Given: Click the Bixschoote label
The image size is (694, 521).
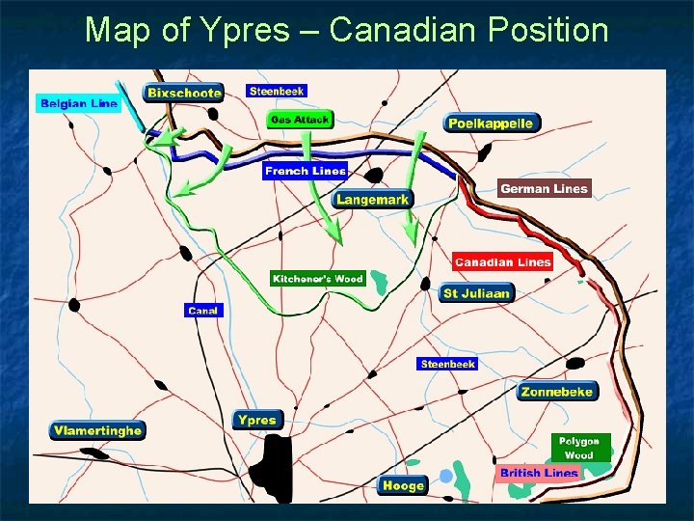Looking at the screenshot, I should tap(183, 93).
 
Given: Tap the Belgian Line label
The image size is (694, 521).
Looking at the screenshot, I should tap(78, 103).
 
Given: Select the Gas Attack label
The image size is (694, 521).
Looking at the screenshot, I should tap(300, 120).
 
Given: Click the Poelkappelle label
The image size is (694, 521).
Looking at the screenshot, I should tap(491, 123).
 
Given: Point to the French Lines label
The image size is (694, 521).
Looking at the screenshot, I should tap(305, 171).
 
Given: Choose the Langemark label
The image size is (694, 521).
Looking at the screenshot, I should tap(373, 200).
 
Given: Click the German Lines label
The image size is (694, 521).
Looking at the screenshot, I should tap(544, 189).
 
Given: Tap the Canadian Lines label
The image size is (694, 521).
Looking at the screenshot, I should tap(502, 261).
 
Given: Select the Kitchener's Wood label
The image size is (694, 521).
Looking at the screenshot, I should tap(317, 279).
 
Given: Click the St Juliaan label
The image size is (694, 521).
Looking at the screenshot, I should tap(475, 293).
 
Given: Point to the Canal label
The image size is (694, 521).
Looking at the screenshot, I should tap(203, 311).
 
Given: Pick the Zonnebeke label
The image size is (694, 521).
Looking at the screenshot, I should tap(558, 392).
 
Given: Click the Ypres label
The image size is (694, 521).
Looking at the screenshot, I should tap(257, 420).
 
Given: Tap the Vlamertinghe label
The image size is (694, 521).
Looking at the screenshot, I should tap(97, 430).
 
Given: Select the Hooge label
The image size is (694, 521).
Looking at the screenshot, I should tap(402, 485).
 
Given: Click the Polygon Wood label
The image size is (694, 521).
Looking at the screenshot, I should tap(579, 448).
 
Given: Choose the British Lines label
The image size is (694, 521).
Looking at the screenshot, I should tap(539, 473).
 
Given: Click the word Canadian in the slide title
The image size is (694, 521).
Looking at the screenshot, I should tap(400, 30).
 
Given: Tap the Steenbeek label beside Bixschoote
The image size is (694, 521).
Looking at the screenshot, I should tap(277, 91).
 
